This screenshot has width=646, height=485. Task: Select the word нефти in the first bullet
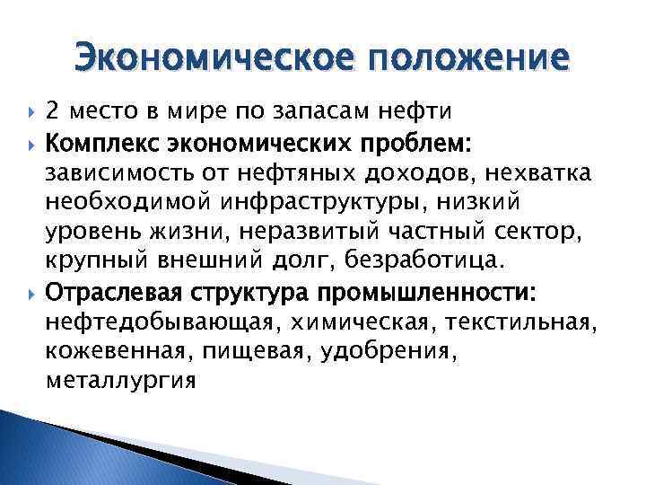pyautogui.click(x=421, y=112)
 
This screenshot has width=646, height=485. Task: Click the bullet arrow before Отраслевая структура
pyautogui.click(x=31, y=293)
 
